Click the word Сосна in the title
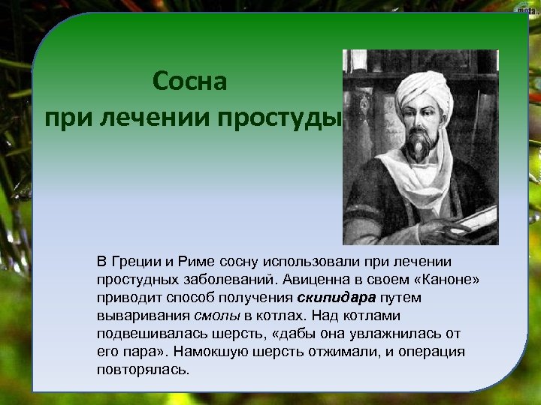[189, 82]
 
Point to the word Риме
[197, 261]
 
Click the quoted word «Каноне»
[443, 279]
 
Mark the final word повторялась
[143, 370]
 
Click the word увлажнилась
[382, 333]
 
